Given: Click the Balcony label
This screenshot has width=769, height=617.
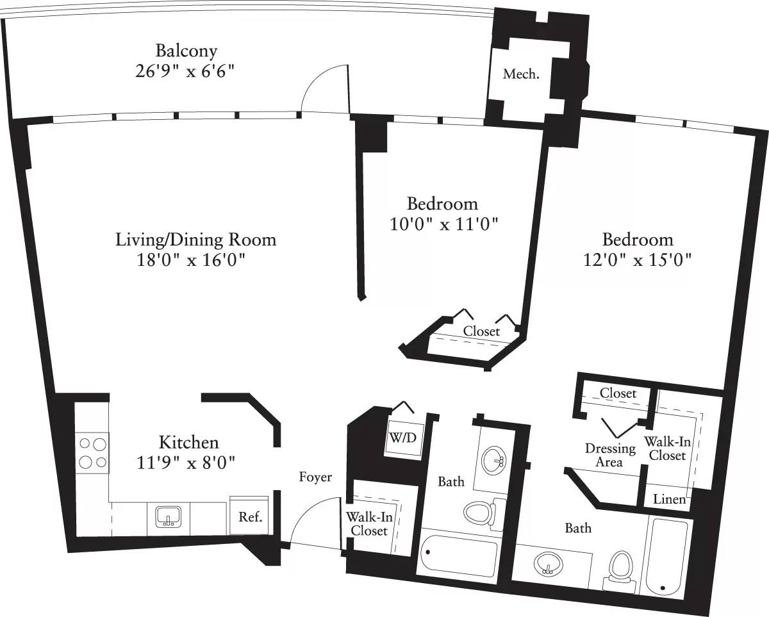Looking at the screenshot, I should click(186, 51).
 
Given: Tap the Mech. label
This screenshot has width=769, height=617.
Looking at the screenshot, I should click(520, 74).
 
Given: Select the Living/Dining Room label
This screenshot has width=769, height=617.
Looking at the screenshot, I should click(195, 240).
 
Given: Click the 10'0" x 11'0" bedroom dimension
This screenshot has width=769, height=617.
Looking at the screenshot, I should click(444, 224).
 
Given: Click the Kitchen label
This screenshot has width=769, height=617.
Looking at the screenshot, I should click(188, 442).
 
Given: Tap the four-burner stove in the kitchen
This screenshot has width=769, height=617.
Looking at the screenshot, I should click(92, 452).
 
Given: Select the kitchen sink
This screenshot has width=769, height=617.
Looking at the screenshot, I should click(169, 516).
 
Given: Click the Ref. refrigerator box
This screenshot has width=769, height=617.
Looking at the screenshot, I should click(251, 517).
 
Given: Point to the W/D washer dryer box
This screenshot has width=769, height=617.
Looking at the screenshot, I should click(402, 440).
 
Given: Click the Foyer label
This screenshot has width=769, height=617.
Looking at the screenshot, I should click(315, 477).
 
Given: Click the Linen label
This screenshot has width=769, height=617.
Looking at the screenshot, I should click(670, 500).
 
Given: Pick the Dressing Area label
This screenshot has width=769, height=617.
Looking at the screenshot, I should click(609, 455).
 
